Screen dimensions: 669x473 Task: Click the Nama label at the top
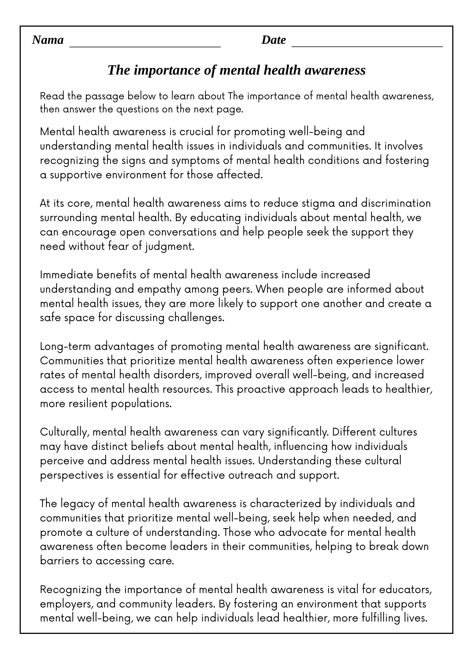pos(48,40)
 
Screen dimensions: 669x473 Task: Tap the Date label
pos(273,40)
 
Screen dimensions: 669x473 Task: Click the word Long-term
pos(66,347)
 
